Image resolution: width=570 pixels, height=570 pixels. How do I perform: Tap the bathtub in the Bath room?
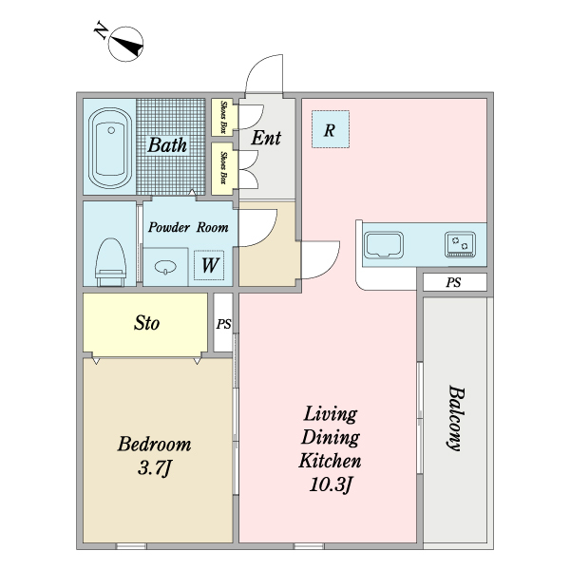(x=110, y=147)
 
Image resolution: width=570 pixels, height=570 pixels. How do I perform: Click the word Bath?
(x=167, y=145)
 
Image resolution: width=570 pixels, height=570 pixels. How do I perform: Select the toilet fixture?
(x=110, y=262)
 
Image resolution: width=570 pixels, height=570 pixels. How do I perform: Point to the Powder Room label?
(x=188, y=228)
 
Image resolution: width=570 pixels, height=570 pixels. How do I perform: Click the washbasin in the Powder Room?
(x=165, y=267)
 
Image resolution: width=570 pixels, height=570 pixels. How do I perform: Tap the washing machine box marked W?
(x=209, y=265)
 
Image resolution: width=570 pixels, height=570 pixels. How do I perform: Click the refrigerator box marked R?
(x=331, y=129)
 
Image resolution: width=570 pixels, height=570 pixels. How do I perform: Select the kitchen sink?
(x=384, y=245)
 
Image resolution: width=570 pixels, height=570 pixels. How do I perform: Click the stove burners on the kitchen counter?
(x=460, y=244)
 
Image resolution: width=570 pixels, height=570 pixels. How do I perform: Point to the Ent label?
(x=266, y=138)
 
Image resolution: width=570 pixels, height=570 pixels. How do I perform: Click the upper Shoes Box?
(x=222, y=118)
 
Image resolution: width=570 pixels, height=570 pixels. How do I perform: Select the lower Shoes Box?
(x=222, y=168)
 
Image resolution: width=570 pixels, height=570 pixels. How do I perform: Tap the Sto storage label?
(x=146, y=323)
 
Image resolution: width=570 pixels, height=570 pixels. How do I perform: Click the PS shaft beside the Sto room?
(x=223, y=323)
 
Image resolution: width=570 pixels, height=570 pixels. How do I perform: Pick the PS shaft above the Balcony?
(x=454, y=282)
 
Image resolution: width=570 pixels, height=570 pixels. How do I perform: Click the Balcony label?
(x=454, y=418)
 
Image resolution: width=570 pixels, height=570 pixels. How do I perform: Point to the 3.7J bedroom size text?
(x=155, y=468)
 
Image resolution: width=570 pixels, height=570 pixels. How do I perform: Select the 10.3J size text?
(x=332, y=484)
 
